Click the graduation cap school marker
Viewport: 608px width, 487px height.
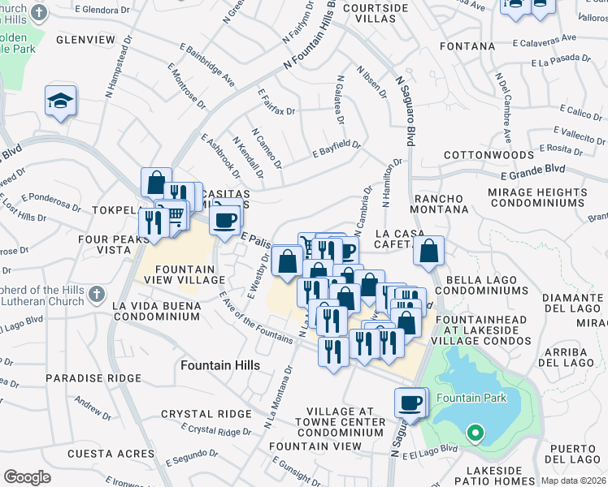click(60, 101)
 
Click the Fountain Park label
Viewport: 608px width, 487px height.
click(471, 398)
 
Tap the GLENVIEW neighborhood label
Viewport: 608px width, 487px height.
click(86, 38)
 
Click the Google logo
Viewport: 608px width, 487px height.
click(27, 477)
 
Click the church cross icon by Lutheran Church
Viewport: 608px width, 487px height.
click(95, 292)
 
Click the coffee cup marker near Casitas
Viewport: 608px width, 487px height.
click(224, 219)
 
